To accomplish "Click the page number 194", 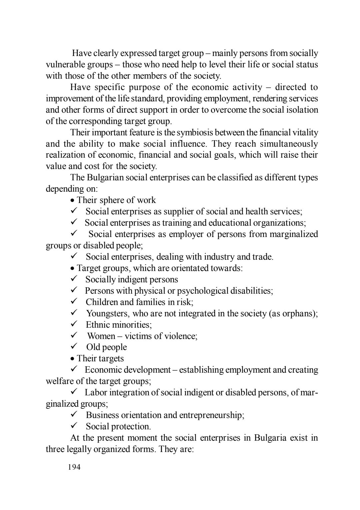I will click(x=74, y=467).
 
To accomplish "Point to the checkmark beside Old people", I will click(x=74, y=346).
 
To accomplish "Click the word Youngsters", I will click(x=107, y=313).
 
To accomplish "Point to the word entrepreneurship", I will click(x=211, y=415).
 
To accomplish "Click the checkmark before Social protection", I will click(x=74, y=426).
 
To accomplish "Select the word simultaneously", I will click(x=289, y=144).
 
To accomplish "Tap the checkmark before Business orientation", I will click(x=74, y=414).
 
